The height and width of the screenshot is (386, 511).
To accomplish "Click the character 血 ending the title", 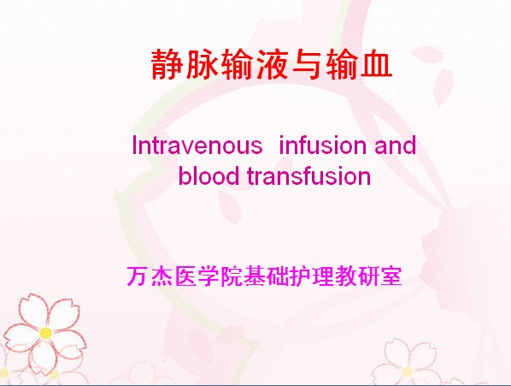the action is [376, 64].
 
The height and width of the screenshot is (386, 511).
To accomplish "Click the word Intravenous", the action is [197, 145].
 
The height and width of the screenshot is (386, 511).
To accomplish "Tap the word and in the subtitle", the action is [396, 145].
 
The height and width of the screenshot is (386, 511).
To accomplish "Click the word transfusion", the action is [309, 175].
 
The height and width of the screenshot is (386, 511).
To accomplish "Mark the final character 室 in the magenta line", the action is [392, 276].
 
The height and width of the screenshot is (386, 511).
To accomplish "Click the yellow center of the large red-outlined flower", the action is [45, 333].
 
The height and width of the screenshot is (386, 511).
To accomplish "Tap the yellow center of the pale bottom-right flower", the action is [407, 371].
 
